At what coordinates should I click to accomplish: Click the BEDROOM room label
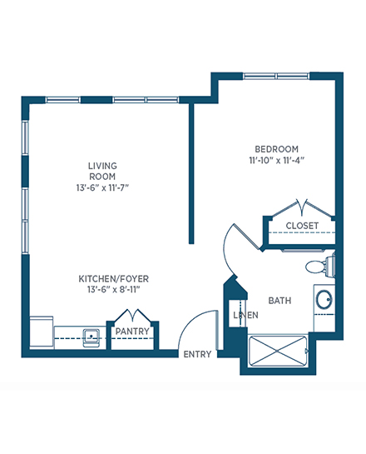pyautogui.click(x=276, y=149)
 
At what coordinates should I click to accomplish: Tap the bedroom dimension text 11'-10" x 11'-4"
pyautogui.click(x=277, y=161)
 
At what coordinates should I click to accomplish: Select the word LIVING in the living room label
pyautogui.click(x=102, y=166)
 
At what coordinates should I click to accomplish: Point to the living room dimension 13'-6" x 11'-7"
pyautogui.click(x=102, y=188)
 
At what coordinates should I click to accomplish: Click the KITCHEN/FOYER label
pyautogui.click(x=114, y=279)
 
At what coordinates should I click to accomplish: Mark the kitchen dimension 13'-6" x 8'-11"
pyautogui.click(x=114, y=290)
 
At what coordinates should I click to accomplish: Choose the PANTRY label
pyautogui.click(x=132, y=331)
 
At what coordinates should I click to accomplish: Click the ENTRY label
pyautogui.click(x=197, y=354)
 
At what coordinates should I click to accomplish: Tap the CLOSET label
pyautogui.click(x=302, y=226)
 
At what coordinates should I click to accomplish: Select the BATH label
pyautogui.click(x=279, y=301)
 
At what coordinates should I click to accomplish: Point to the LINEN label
pyautogui.click(x=245, y=315)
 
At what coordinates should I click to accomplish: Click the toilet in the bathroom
pyautogui.click(x=320, y=266)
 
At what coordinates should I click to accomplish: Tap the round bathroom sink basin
pyautogui.click(x=324, y=299)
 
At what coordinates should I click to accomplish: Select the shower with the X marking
pyautogui.click(x=278, y=351)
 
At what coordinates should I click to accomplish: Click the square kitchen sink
pyautogui.click(x=91, y=337)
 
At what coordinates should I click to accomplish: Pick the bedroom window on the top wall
pyautogui.click(x=276, y=76)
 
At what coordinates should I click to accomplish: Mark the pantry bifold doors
pyautogui.click(x=133, y=315)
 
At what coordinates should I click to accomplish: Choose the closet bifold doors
pyautogui.click(x=302, y=207)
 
